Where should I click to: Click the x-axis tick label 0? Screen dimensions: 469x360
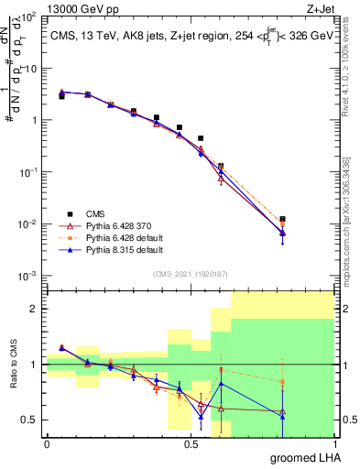[x=47, y=444]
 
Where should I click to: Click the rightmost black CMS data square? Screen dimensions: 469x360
[x=282, y=220]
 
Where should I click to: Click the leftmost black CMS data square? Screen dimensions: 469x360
[x=61, y=96]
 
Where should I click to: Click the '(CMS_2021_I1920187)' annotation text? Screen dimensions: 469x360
[x=190, y=273]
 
